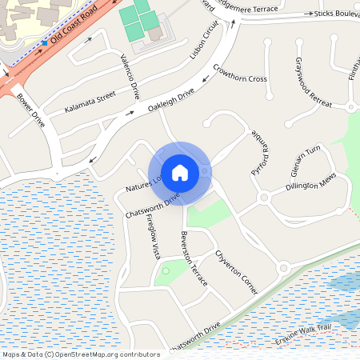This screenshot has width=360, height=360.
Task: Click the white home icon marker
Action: point(180,172)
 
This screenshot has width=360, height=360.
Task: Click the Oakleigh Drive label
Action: point(170,99)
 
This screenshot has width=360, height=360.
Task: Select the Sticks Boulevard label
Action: point(336,14)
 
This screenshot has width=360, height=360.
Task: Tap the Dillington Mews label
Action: point(311,185)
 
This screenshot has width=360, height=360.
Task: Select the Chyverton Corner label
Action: point(236,270)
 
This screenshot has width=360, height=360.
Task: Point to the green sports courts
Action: point(135,20)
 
